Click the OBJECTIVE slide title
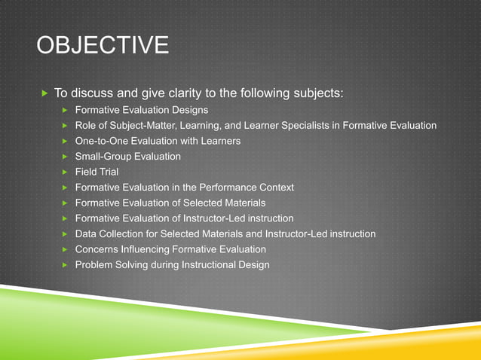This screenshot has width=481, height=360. (103, 47)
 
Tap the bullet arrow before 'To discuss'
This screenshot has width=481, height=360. (44, 94)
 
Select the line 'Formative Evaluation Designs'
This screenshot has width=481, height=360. (142, 110)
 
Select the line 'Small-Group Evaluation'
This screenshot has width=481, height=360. (128, 157)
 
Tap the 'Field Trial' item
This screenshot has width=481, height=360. (97, 172)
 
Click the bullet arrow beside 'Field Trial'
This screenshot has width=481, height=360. (66, 172)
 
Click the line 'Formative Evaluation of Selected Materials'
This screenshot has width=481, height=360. (170, 203)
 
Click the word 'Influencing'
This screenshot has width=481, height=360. (151, 249)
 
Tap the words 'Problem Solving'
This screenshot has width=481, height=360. (112, 265)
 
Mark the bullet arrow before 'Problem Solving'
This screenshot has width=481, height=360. (66, 265)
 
